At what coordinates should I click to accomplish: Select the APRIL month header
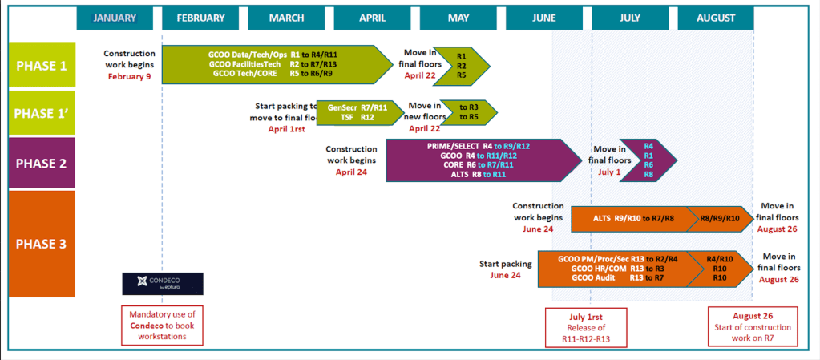(372, 18)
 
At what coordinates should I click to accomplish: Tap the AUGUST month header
(716, 18)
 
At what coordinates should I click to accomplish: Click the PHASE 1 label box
(42, 65)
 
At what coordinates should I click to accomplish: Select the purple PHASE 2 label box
(42, 163)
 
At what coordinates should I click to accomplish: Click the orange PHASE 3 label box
(42, 244)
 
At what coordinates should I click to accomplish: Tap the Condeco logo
(162, 283)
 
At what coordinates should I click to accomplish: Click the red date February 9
(129, 77)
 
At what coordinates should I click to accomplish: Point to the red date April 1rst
(286, 128)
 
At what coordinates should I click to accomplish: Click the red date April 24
(351, 172)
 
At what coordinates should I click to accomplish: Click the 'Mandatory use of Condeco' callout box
(162, 325)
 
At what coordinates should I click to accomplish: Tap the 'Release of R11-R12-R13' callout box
(586, 328)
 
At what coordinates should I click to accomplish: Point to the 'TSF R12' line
(357, 117)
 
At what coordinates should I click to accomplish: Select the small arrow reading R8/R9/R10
(719, 217)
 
